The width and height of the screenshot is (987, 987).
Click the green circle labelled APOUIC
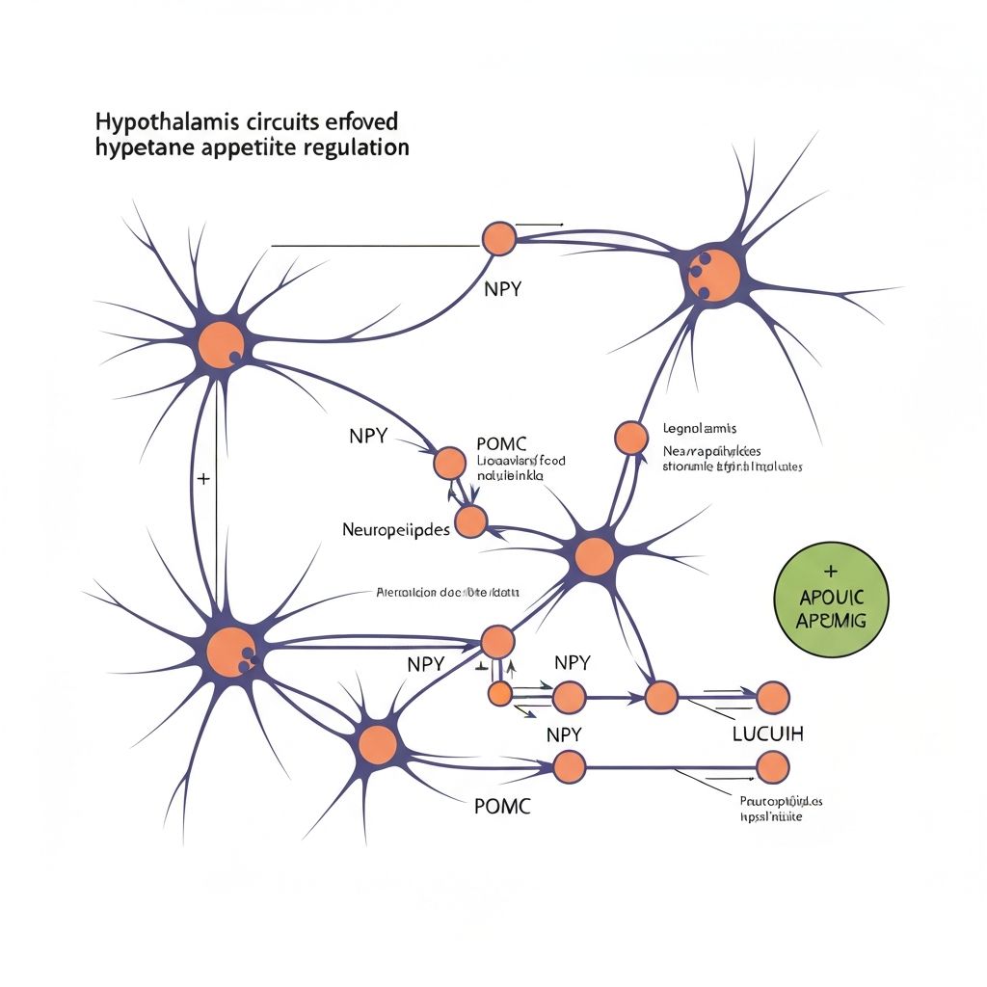click(832, 600)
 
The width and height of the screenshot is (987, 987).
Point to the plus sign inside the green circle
click(832, 572)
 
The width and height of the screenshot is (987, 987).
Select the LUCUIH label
click(767, 734)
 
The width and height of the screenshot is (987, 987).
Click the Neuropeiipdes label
click(395, 530)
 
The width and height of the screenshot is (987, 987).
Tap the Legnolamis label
click(700, 428)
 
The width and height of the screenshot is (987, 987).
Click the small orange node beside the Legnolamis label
click(631, 438)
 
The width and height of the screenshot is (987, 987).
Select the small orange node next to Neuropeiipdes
click(470, 521)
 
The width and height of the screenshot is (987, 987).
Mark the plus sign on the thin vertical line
click(202, 479)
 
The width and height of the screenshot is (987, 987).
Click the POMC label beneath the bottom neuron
click(502, 806)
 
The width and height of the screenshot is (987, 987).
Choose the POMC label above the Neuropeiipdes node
click(501, 443)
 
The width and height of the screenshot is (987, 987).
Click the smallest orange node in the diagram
click(499, 692)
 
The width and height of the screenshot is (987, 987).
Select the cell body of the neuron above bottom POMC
click(378, 743)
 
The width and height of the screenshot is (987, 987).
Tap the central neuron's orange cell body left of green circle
click(595, 556)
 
